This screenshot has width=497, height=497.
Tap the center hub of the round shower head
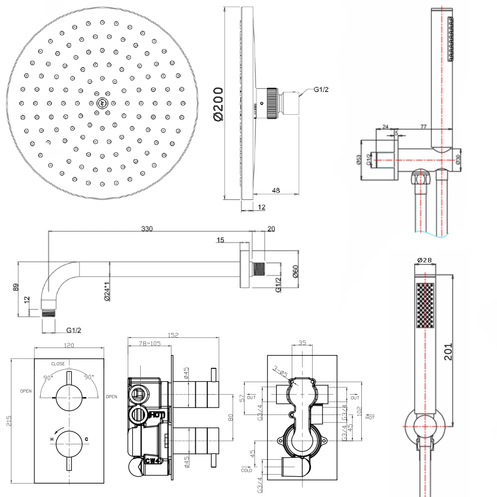[x=101, y=103]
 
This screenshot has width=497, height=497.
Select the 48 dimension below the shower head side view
[x=276, y=189]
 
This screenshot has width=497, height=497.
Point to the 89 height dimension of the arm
[x=15, y=287]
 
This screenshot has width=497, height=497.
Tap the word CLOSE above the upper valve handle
[x=58, y=364]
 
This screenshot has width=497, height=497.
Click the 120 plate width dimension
[x=69, y=345]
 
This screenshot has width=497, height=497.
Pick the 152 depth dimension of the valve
[x=173, y=335]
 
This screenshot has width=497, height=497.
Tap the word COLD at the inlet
[x=248, y=470]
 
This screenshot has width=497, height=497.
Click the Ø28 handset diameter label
[x=424, y=260]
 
